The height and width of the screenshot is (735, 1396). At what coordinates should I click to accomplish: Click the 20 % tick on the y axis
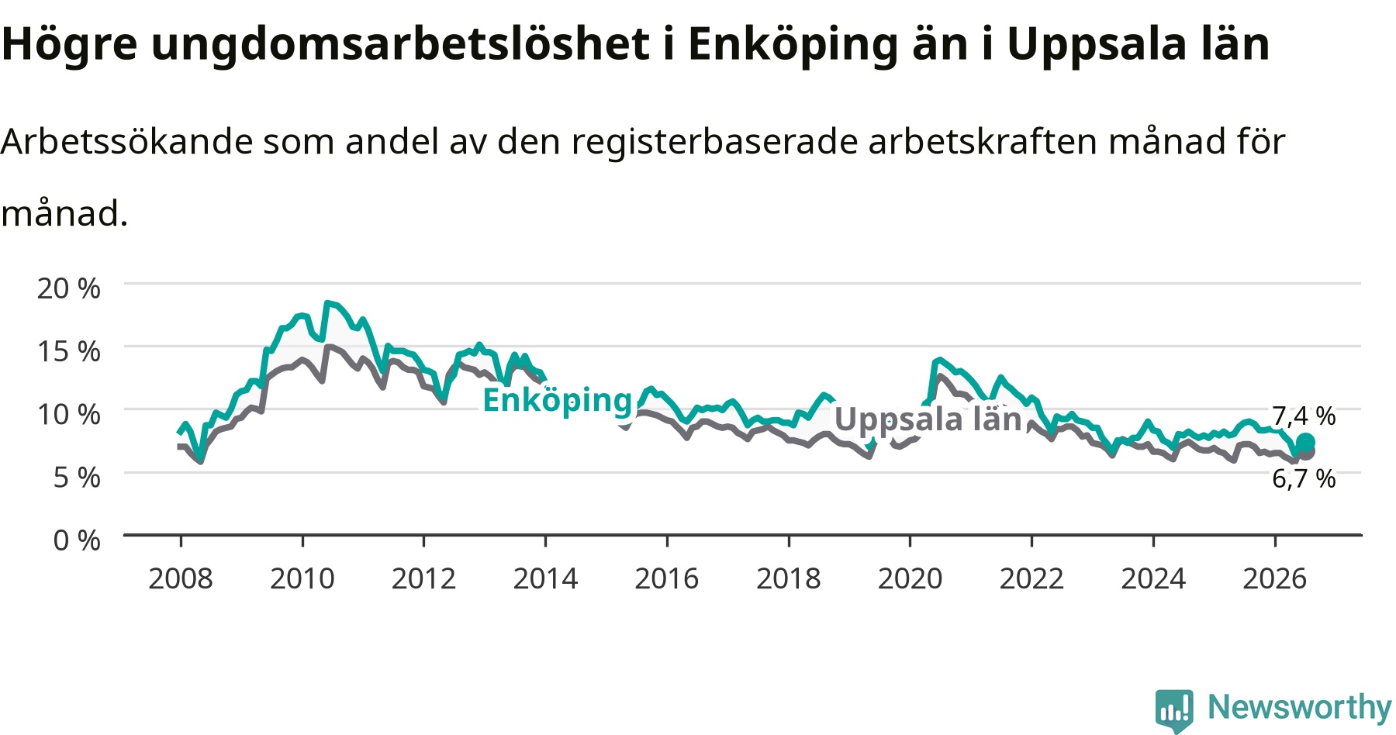68,288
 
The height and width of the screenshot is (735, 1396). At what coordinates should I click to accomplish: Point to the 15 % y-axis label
68,351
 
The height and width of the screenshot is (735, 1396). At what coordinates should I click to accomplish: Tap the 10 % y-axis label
68,414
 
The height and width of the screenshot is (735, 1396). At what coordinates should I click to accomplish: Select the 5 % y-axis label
76,477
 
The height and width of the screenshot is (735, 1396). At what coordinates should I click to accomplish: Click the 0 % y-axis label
76,540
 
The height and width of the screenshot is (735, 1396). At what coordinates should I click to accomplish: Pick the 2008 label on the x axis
181,578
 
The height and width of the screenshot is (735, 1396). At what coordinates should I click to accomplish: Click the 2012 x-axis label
423,578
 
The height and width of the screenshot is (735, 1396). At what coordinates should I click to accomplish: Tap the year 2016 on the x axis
667,578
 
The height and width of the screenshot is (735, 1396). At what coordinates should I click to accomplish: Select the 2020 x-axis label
910,578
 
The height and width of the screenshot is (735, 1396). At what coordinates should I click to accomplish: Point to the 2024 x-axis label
1153,578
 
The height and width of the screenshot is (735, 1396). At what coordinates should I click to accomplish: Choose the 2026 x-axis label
1275,578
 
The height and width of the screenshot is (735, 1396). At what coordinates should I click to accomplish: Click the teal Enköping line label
558,401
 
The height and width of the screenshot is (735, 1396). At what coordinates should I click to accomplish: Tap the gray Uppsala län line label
928,419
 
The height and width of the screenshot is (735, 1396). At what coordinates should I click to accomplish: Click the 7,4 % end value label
1304,416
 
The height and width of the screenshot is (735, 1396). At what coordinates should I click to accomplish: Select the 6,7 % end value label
1304,479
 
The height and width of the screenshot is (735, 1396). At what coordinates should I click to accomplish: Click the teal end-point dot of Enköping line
1305,443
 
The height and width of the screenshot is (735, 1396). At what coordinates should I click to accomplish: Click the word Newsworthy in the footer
1300,707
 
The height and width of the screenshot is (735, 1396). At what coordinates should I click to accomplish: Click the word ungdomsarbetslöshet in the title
400,43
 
